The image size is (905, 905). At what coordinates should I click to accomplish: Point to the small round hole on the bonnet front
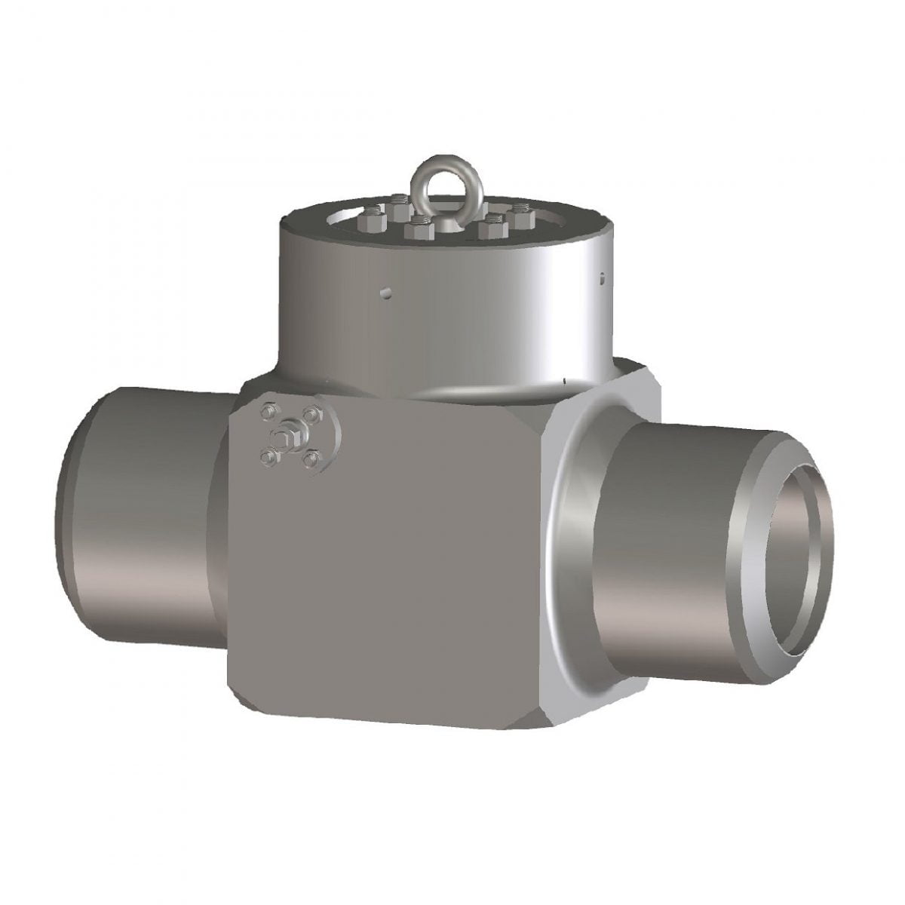tap(385, 291)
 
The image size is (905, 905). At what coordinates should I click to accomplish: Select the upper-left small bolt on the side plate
tap(265, 411)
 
